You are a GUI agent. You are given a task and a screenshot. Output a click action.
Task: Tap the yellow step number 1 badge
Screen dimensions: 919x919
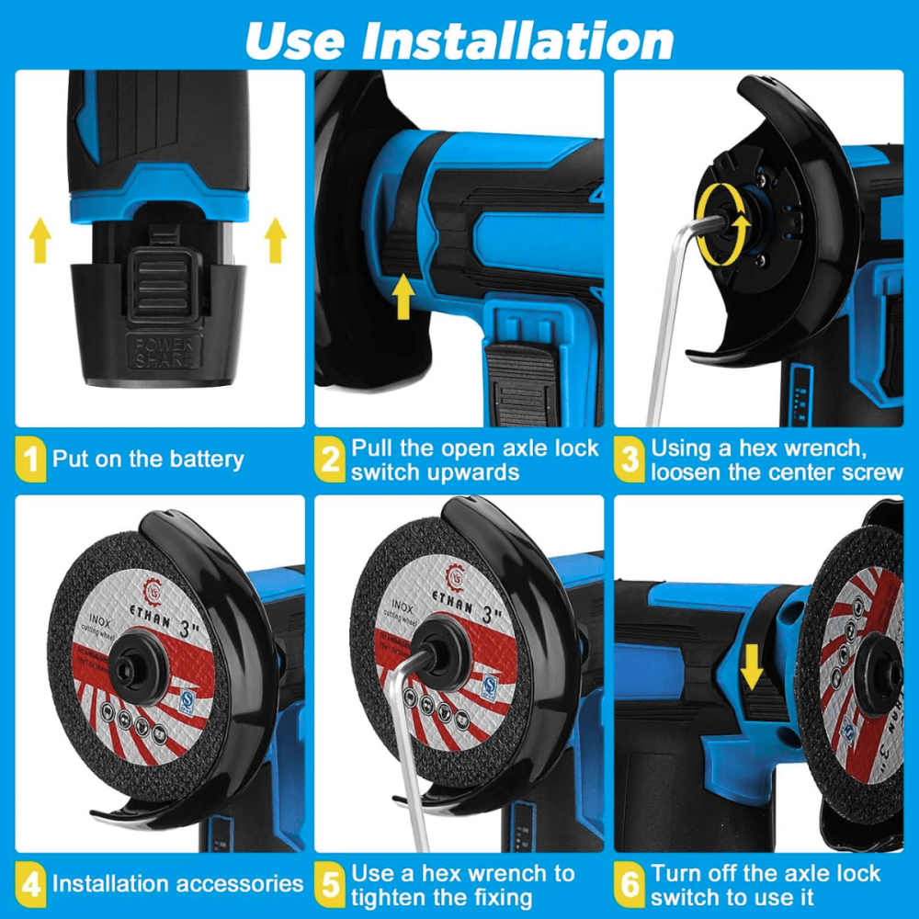point(31,459)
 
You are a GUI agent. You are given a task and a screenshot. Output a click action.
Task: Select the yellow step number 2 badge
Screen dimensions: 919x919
point(330,459)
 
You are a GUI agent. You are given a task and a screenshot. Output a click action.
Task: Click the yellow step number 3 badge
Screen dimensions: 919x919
point(630,459)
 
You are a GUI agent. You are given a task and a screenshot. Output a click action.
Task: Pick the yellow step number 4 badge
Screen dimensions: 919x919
point(31,885)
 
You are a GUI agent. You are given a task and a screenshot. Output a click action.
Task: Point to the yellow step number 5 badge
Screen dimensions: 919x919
point(330,885)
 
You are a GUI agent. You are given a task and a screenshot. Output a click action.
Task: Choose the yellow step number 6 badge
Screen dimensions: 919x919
point(630,885)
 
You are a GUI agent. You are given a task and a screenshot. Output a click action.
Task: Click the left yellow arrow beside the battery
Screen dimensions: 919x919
point(40,242)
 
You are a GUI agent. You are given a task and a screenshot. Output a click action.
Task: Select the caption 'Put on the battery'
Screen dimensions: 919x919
point(147,459)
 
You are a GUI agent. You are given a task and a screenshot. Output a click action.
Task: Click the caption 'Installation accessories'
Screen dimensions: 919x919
point(176,885)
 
